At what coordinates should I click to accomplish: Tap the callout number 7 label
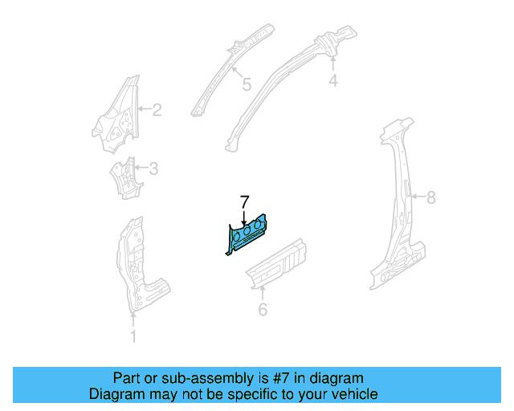tap(245, 201)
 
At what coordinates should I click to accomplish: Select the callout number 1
tap(133, 336)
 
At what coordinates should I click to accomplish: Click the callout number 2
tap(157, 110)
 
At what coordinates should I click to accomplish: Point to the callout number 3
tap(153, 169)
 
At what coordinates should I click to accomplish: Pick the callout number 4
tap(333, 80)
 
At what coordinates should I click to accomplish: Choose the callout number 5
tap(247, 83)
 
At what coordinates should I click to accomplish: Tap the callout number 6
tap(263, 310)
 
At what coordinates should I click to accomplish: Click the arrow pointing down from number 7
tap(245, 216)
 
